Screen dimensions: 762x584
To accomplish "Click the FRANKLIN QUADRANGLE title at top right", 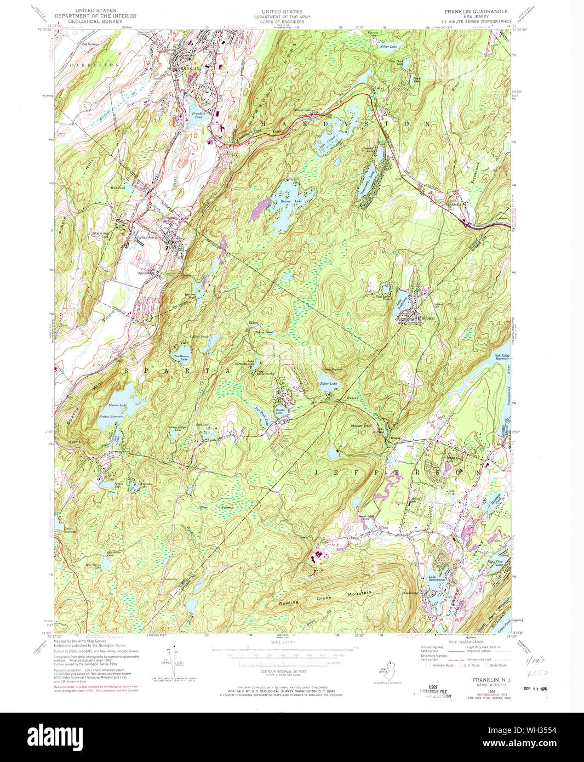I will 476,12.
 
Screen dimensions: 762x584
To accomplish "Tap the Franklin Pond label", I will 198,115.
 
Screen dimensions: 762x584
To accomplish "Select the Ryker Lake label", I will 328,383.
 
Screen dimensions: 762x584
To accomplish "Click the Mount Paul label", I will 361,425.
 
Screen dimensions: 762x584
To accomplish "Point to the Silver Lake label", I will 388,47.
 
